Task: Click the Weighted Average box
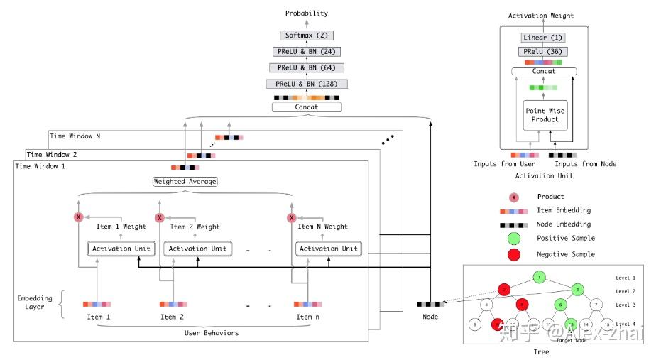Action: (x=185, y=181)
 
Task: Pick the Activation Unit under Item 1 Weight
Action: (x=118, y=249)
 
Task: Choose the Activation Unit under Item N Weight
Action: (x=328, y=249)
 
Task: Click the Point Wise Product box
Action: (x=542, y=115)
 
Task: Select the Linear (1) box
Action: (x=542, y=38)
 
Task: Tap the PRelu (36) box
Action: (x=542, y=52)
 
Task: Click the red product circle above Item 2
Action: (x=160, y=218)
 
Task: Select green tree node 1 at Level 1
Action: (x=541, y=276)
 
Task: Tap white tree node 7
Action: (x=596, y=305)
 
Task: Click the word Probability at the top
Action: (x=307, y=13)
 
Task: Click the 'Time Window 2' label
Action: (x=51, y=154)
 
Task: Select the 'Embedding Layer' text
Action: (x=33, y=302)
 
